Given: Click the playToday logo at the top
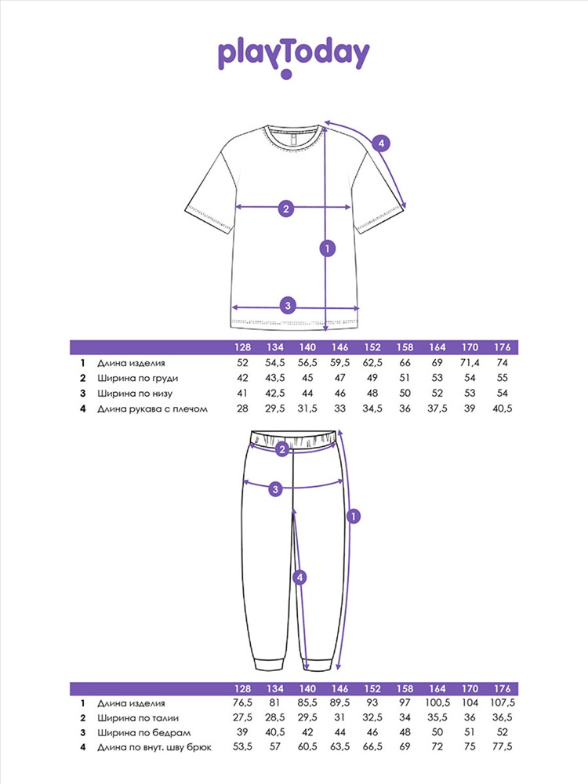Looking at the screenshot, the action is point(293,57).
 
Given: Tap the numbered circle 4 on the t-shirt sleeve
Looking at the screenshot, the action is point(381,143).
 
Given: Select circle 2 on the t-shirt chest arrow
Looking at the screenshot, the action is point(286,209).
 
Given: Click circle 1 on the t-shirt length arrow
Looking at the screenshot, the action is point(328,248).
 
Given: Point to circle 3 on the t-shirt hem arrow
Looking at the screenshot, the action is point(288,305).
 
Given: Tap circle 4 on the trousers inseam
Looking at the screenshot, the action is point(299,578).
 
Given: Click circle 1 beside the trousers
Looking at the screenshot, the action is point(354,516).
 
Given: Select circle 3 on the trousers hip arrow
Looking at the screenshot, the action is point(275,489).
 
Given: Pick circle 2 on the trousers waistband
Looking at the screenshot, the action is point(282,449).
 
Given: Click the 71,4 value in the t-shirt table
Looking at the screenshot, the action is point(470,362).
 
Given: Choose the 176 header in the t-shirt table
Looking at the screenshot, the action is point(502,347).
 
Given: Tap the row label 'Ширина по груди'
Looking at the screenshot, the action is point(137,378).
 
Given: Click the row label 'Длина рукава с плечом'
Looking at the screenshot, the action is point(152,408).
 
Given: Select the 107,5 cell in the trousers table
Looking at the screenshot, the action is point(502,702).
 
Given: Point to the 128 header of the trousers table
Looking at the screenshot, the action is point(242,688).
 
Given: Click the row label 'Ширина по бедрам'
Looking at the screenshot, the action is point(143,732).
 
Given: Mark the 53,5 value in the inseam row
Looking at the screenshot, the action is point(242,746).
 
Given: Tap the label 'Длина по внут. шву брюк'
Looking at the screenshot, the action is point(154,747).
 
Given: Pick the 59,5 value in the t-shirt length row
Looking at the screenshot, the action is point(340,362).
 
